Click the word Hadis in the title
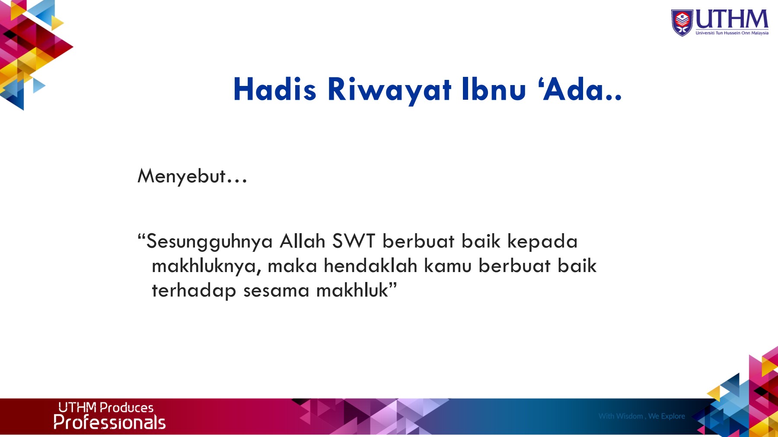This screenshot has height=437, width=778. (274, 89)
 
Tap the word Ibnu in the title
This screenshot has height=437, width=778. (494, 89)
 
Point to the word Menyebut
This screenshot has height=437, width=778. (181, 176)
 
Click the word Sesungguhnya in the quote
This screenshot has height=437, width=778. (210, 242)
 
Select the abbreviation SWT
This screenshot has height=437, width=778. (354, 241)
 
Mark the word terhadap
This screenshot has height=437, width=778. (194, 291)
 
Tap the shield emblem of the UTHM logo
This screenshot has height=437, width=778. (682, 22)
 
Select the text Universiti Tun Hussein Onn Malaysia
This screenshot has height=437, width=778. (732, 33)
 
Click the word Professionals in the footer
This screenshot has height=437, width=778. (109, 422)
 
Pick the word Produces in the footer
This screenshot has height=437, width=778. (127, 408)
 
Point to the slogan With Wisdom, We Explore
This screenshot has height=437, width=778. (642, 416)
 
